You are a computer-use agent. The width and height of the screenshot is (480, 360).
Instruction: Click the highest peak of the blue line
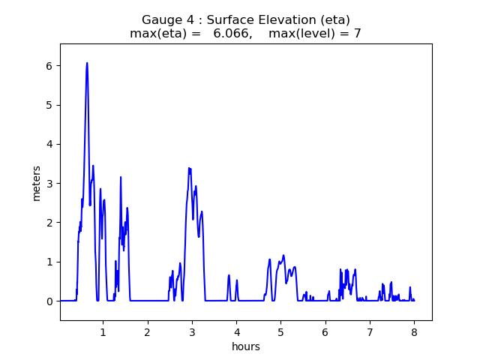(87, 63)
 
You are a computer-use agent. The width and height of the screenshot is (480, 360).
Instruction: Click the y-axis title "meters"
(36, 181)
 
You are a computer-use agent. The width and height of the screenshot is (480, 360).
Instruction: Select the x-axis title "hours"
(246, 347)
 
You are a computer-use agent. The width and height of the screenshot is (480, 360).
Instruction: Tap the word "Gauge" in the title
(161, 20)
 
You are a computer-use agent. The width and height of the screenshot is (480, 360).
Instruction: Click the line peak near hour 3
(189, 168)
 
